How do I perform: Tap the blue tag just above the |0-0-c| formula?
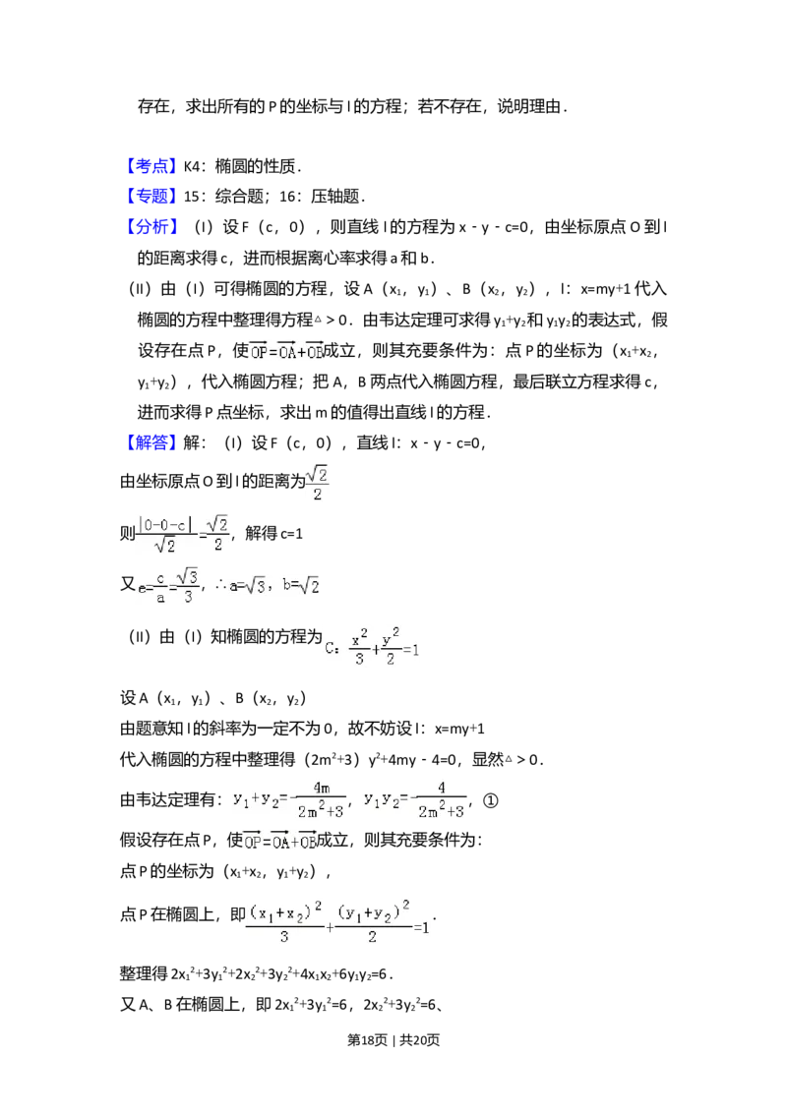coord(152,443)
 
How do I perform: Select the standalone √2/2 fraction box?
coord(316,484)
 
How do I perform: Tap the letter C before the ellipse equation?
coord(331,646)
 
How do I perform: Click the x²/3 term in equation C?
coord(359,646)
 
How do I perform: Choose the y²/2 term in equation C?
coord(391,646)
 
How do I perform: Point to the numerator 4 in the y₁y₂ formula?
coord(442,788)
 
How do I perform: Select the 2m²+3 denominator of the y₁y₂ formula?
coord(442,812)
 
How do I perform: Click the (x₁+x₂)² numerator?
coord(285,912)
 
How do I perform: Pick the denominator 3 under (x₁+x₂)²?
coord(284,937)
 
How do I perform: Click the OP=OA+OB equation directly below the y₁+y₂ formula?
coord(280,843)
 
